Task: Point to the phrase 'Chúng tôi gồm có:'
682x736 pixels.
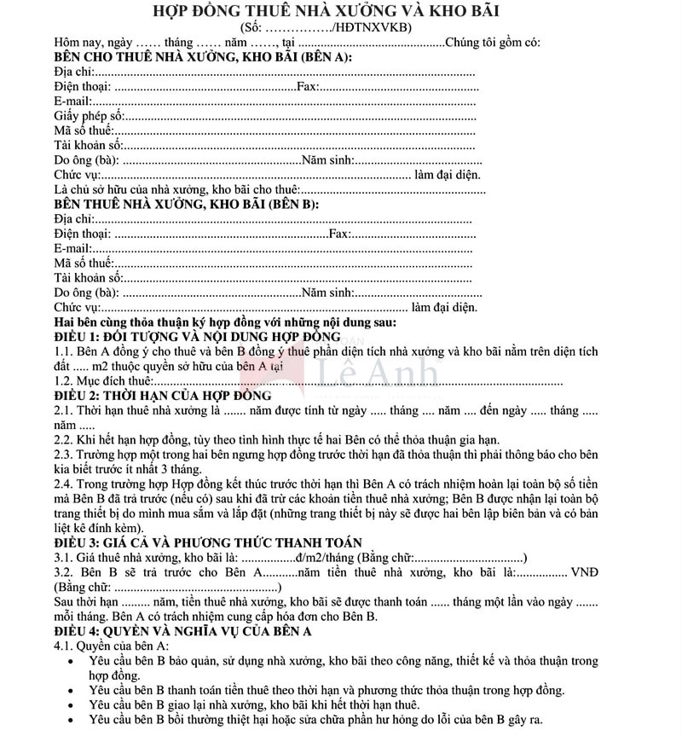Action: pos(493,43)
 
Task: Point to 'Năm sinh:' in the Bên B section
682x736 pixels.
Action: pos(327,293)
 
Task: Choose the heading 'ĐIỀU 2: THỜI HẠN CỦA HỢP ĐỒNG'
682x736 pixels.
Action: pos(163,395)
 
